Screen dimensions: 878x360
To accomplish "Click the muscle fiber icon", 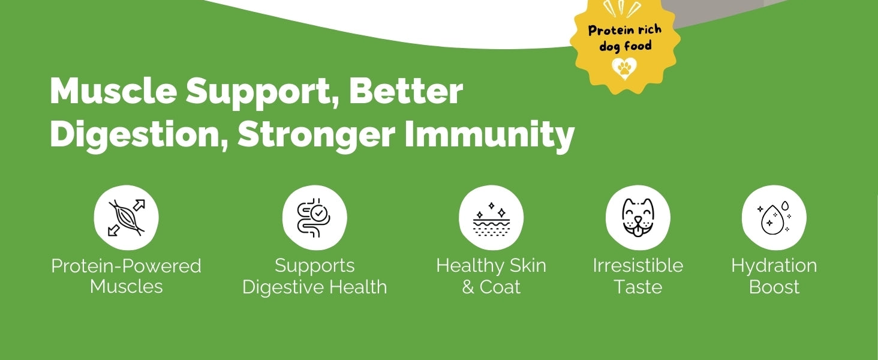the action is (126, 218).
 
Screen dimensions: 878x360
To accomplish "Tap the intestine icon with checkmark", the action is (314, 218).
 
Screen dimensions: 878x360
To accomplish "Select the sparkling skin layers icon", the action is (491, 219).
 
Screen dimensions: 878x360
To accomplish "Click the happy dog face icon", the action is (638, 218).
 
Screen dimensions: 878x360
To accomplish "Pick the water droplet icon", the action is (774, 218).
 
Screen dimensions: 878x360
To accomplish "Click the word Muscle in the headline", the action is (113, 91).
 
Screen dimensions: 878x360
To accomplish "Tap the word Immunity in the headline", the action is (489, 134).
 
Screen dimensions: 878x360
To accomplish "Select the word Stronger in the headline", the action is (316, 134).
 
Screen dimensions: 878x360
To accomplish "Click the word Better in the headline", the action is (405, 91).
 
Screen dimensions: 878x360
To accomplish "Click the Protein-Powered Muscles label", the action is (126, 276).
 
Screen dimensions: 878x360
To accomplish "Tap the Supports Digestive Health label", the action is (314, 276).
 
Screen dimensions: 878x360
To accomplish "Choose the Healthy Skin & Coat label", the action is (491, 276).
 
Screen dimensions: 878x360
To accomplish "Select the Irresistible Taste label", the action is (638, 276).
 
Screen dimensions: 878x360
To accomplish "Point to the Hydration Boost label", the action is (774, 276).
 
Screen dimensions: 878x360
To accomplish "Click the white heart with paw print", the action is (624, 68).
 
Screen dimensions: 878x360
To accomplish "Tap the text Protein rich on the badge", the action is (625, 30).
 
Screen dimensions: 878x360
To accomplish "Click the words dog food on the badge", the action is (625, 47).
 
